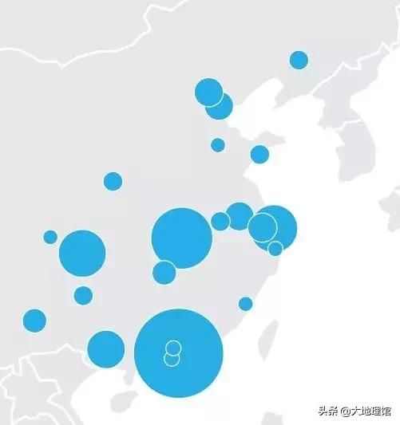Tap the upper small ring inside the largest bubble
[x=172, y=347]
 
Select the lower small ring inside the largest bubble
[x=172, y=359]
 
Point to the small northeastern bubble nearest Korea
[x=299, y=60]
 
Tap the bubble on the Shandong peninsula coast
[x=259, y=154]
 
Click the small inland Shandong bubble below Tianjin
[x=218, y=144]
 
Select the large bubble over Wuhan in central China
[x=181, y=238]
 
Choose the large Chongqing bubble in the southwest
[x=82, y=253]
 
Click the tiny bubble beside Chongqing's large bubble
[x=50, y=237]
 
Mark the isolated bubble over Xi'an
[x=113, y=181]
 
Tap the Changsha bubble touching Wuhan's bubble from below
[x=164, y=272]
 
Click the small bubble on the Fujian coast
[x=245, y=304]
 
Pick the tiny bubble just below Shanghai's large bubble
[x=275, y=249]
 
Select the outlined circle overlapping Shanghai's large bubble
[x=262, y=227]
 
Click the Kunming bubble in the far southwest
[x=34, y=321]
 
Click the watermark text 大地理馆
[x=372, y=411]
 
